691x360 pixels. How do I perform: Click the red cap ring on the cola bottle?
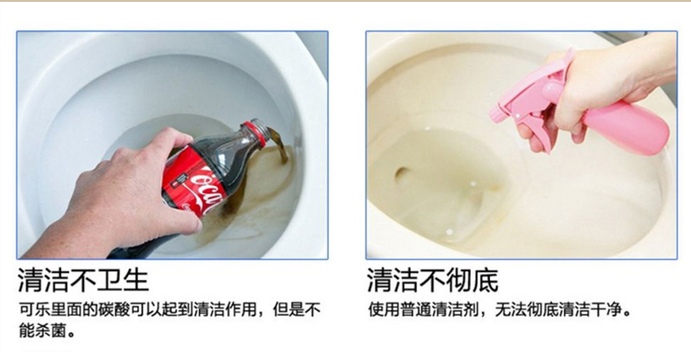(255, 134)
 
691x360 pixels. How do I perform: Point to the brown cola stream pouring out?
(277, 144)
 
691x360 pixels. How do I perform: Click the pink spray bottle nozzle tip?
(494, 114)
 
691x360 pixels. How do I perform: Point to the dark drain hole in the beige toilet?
(403, 174)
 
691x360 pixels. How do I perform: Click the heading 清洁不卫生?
(83, 280)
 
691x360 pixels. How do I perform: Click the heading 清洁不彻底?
(433, 280)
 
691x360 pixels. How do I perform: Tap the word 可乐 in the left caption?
(34, 309)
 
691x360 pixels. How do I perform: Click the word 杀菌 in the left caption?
(51, 330)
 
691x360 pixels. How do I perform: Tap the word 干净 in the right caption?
(606, 309)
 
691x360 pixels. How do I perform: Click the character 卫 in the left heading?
(110, 280)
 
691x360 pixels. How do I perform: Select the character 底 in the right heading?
(486, 280)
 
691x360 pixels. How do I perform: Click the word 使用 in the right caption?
(384, 309)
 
